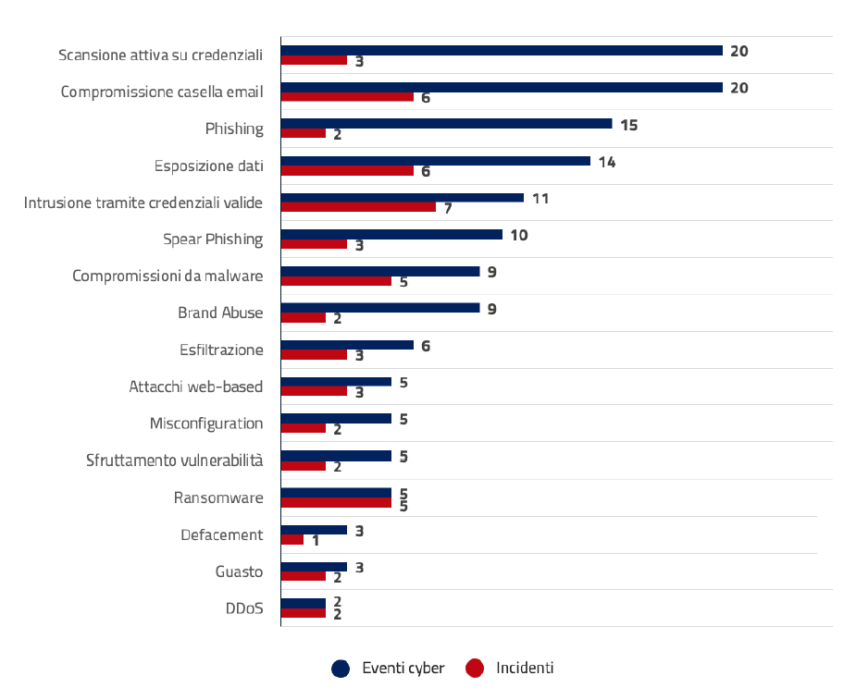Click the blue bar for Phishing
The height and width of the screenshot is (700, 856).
point(446,124)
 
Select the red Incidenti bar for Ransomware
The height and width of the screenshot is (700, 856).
point(336,503)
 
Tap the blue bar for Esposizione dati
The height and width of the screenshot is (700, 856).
point(435,161)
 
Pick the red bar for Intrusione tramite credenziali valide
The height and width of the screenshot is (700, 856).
point(358,207)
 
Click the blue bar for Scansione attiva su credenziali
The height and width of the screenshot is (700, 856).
point(501,50)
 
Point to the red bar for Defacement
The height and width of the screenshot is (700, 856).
point(292,540)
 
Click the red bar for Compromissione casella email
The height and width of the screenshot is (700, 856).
point(347,96)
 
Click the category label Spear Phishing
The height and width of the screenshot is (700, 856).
point(213,239)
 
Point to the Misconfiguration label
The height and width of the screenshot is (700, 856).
point(206,424)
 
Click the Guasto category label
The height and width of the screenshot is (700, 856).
point(239,571)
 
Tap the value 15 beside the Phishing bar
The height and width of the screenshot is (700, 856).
point(629,125)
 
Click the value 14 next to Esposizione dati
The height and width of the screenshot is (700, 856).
point(607,162)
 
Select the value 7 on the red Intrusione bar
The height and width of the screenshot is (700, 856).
point(448,209)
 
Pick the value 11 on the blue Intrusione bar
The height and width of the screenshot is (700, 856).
point(540,199)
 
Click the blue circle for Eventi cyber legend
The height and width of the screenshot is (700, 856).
point(341,669)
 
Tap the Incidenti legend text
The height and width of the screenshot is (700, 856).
point(525,668)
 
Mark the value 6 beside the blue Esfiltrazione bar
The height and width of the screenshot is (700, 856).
point(426,347)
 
